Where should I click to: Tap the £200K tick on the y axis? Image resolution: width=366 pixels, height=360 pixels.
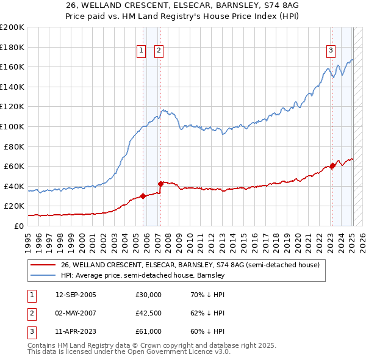[x=12, y=27]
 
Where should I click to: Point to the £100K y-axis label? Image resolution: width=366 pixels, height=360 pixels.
[x=12, y=126]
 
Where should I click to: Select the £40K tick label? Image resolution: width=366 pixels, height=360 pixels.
[x=14, y=186]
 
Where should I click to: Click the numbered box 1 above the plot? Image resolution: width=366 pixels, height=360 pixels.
[x=142, y=51]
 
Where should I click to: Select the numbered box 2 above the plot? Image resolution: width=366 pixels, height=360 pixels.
[x=159, y=51]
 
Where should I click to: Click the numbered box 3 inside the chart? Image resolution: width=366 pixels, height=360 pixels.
[x=331, y=51]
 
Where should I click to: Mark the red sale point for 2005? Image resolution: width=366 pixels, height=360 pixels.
[x=143, y=196]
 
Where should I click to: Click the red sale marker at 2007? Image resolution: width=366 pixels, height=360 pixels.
[x=160, y=183]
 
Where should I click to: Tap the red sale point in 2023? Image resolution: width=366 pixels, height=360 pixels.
[x=332, y=165]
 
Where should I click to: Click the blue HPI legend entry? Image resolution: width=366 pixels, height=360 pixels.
[x=143, y=275]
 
